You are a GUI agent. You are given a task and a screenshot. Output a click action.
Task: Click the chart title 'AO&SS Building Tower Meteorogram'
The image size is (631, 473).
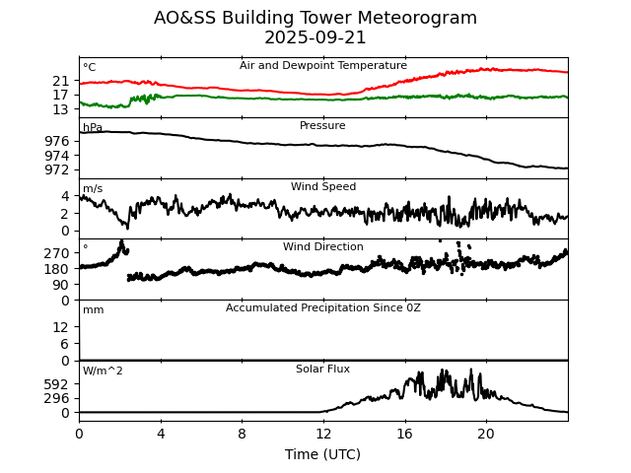(315, 18)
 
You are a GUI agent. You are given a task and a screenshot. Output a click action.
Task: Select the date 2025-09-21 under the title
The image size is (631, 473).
(315, 37)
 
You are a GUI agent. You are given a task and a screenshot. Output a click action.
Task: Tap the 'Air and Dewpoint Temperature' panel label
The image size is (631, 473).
(322, 66)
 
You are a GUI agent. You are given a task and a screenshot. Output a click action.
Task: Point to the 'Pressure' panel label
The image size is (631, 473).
(322, 126)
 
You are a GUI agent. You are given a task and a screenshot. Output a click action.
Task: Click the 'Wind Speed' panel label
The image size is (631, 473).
(322, 187)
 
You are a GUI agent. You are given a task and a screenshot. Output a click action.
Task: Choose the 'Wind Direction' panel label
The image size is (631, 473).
(322, 247)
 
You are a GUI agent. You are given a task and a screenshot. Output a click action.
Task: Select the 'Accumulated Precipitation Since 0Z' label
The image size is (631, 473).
(322, 308)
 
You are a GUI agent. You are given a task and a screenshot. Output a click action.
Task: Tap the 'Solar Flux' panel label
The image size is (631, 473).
(322, 370)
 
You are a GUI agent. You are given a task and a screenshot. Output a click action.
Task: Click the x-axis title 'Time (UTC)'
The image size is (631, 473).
(322, 454)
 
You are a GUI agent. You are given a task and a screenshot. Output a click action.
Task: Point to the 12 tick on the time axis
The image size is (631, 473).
(323, 433)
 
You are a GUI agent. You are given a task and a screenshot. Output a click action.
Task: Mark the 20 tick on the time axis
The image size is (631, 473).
(486, 433)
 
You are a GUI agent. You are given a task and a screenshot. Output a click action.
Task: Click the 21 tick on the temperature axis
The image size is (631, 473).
(61, 81)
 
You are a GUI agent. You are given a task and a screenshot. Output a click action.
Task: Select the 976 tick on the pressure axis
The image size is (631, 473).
(57, 142)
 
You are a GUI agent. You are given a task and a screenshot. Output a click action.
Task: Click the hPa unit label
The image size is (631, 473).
(93, 128)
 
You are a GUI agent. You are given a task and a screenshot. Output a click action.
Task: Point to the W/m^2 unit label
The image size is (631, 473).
(103, 372)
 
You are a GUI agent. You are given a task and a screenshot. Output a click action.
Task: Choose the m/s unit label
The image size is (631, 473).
(93, 189)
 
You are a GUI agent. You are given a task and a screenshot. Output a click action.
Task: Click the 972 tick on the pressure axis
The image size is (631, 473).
(57, 170)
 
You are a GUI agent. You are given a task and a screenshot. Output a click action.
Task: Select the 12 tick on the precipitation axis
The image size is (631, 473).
(61, 327)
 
